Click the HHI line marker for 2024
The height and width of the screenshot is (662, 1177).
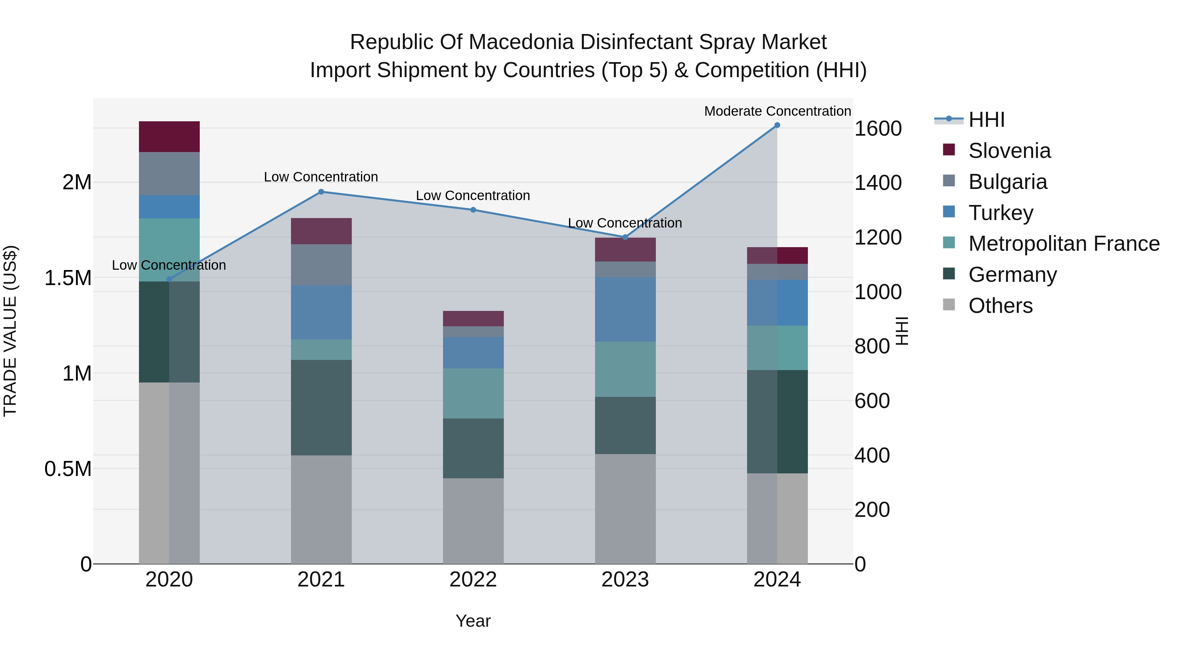coord(777,125)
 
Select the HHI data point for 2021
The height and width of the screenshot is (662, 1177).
coord(321,192)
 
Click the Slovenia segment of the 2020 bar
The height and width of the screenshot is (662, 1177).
coord(169,137)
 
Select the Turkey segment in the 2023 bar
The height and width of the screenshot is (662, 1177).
coord(625,309)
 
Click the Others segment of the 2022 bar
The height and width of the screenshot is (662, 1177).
coord(473,521)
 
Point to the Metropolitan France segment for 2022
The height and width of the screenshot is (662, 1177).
coord(473,393)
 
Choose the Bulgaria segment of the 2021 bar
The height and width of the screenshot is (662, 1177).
coord(321,265)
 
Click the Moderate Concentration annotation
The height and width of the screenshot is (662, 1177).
coord(777,111)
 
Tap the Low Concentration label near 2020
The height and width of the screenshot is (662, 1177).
coord(169,265)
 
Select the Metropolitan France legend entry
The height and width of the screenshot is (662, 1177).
coord(1063,244)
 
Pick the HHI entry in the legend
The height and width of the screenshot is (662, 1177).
coord(986,120)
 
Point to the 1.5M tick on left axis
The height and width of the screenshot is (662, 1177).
coord(68,278)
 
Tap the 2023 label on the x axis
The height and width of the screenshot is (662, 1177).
coord(625,580)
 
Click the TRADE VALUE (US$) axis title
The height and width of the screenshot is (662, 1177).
coord(10,331)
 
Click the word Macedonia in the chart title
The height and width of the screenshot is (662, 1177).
coord(521,42)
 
